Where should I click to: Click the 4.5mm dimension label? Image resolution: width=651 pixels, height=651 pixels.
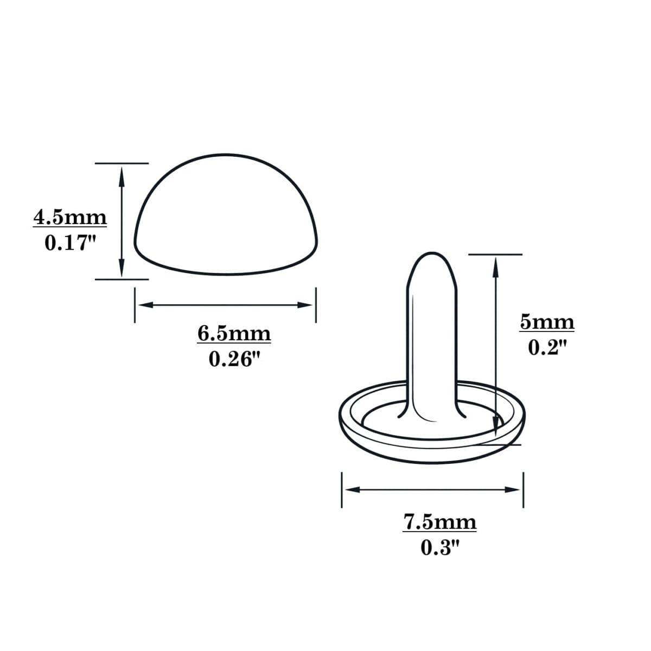[x=71, y=218]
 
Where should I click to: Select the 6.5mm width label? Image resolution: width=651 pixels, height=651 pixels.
[x=234, y=333]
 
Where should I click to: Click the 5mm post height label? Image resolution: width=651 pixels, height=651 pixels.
[x=547, y=322]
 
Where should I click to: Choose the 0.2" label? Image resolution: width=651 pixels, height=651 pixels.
[x=547, y=348]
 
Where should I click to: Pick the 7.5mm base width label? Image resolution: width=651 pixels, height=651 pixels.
[x=440, y=522]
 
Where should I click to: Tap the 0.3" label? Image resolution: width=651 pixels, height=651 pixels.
[x=440, y=547]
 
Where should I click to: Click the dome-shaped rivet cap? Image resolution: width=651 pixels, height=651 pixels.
[x=226, y=217]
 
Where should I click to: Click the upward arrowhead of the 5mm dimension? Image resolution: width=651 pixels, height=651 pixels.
[x=495, y=265]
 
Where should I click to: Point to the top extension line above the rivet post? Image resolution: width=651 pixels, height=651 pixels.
[x=495, y=254]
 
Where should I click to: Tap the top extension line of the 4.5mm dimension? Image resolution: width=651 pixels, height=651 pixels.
[x=122, y=163]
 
